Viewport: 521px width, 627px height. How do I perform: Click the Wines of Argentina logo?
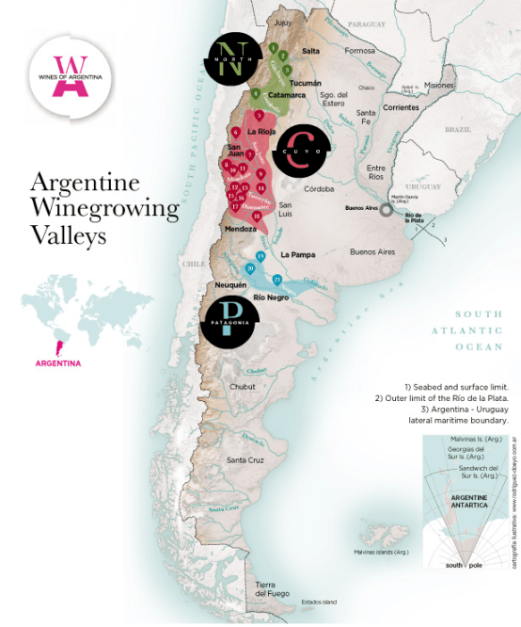[x=70, y=73]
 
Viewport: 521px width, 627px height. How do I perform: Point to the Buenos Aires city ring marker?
[x=386, y=211]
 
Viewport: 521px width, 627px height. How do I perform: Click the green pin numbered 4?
[x=256, y=92]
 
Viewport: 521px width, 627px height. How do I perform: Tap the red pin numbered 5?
[x=259, y=115]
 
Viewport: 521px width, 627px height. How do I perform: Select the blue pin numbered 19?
[x=260, y=255]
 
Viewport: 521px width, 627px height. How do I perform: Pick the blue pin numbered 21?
[x=276, y=280]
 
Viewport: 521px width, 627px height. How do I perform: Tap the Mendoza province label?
[x=240, y=229]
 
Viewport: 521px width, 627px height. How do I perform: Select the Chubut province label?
[x=242, y=386]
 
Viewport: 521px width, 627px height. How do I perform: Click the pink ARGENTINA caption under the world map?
[x=58, y=362]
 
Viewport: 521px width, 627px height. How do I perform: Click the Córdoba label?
[x=307, y=189]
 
